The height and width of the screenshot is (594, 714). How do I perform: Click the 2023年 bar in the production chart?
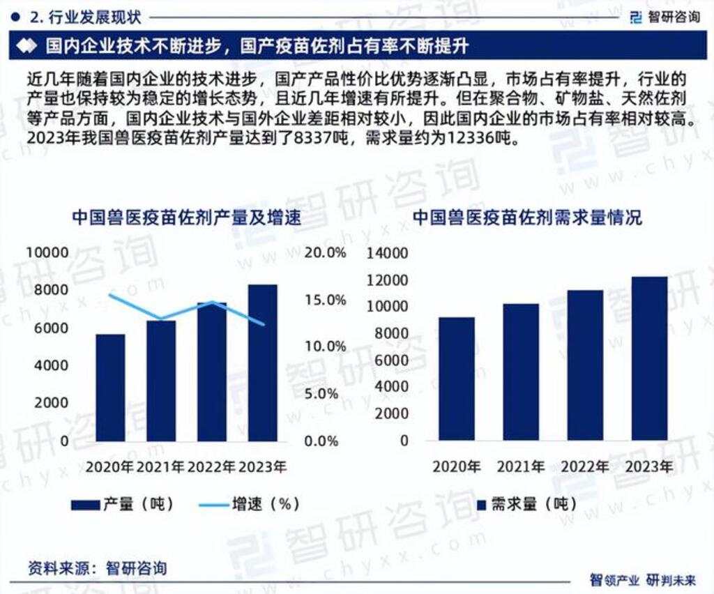[262, 363]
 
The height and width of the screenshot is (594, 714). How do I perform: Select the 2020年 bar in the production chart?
[110, 388]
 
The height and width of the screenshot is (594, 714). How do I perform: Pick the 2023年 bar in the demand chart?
[649, 358]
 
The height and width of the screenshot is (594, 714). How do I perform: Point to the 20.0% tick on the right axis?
[326, 253]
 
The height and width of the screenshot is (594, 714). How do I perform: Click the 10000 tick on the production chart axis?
[47, 252]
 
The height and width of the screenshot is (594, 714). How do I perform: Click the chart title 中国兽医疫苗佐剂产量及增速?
[186, 218]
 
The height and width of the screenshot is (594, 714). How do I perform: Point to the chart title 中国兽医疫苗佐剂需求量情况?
[527, 218]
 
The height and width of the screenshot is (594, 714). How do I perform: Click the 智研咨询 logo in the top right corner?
[664, 17]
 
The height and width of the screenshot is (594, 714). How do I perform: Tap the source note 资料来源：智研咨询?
[98, 568]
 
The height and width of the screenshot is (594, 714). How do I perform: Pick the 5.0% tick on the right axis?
[326, 394]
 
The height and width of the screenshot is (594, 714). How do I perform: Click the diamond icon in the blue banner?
[26, 47]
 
